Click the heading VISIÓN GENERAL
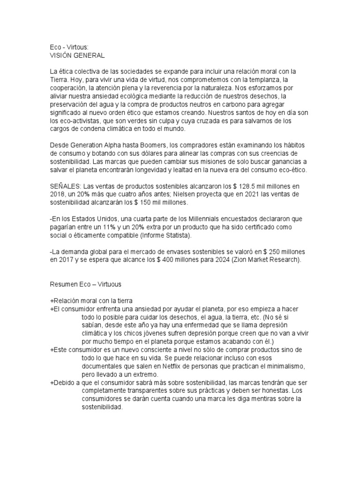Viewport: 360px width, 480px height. point(77,55)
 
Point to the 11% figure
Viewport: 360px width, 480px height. point(123,227)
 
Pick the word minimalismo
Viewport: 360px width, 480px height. point(281,366)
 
